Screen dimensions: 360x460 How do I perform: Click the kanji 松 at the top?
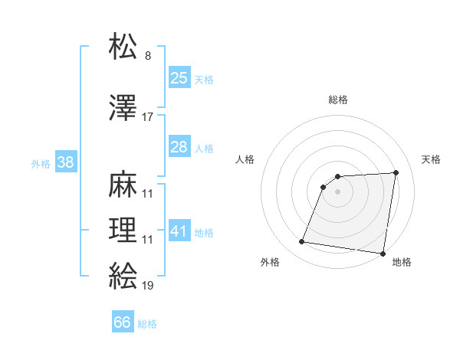(123, 47)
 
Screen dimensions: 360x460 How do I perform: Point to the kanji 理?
(123, 231)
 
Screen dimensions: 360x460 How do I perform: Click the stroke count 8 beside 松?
(148, 56)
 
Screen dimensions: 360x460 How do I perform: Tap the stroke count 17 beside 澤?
(148, 117)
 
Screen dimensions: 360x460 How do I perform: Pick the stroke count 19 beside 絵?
(148, 286)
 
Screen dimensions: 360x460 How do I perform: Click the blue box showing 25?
(179, 77)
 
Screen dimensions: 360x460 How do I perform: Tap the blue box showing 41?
(179, 231)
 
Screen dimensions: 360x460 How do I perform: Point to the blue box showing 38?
(65, 162)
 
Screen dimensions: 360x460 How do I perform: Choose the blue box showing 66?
(122, 322)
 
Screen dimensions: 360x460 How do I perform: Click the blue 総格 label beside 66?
(147, 324)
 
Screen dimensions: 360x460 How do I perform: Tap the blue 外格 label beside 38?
(41, 163)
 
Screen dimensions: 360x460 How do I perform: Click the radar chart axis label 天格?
(432, 159)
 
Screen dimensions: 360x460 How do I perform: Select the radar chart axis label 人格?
(245, 159)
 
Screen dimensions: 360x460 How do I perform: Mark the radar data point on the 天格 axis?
(396, 172)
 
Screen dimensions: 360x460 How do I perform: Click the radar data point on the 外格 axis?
(302, 242)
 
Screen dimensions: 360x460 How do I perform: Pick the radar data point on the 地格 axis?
(383, 254)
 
